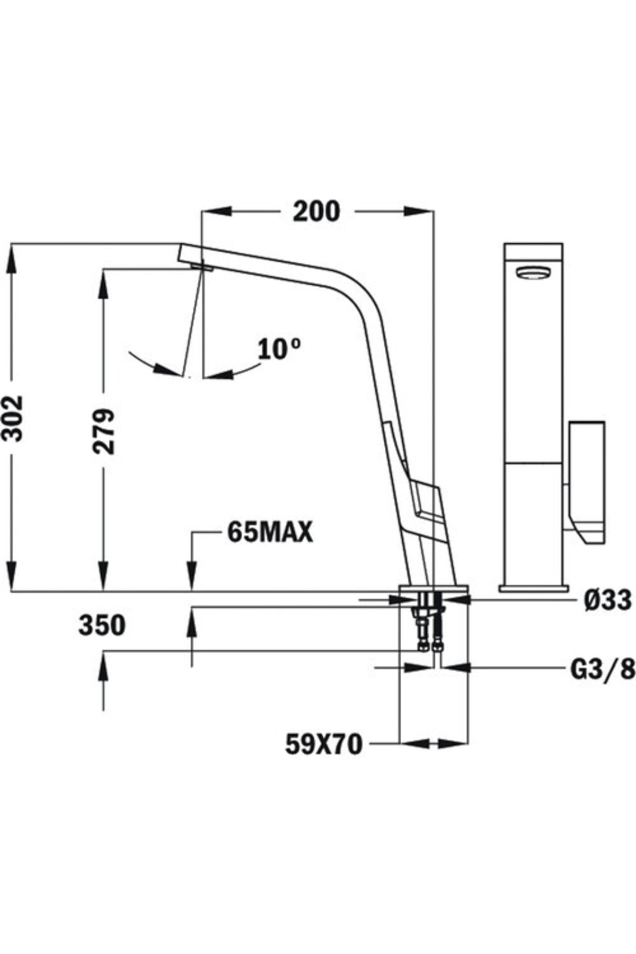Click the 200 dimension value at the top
point(316,211)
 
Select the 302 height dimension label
point(12,418)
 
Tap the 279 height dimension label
point(103,430)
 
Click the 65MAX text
point(270,533)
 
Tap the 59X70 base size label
point(324,744)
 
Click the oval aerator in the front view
point(534,273)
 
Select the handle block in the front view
point(587,480)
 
